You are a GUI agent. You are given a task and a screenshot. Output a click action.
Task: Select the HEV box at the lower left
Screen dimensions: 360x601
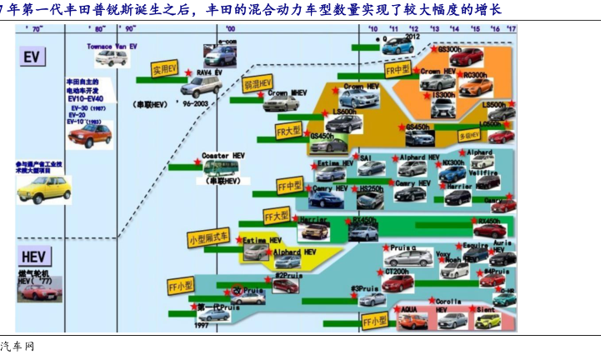[33, 257]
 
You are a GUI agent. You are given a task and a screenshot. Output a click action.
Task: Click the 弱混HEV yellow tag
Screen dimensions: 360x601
[258, 84]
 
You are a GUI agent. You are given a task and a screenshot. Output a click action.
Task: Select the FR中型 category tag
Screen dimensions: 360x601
[398, 69]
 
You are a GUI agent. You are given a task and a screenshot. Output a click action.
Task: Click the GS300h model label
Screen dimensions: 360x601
[449, 49]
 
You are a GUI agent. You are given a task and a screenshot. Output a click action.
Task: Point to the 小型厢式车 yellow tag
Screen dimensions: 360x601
[208, 237]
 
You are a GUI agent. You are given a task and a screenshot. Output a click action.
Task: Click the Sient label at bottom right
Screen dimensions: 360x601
[487, 308]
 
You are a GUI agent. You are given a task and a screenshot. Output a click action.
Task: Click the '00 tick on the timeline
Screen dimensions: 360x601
[230, 28]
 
